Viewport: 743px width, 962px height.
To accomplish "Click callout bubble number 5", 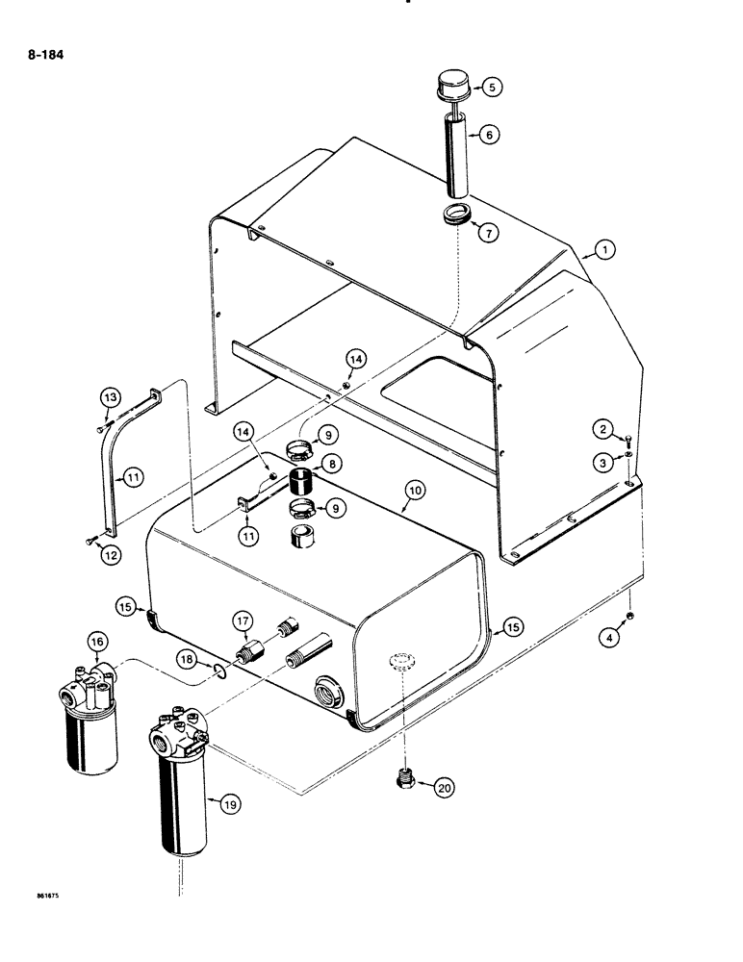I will [491, 88].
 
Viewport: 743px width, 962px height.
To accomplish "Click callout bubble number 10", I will [414, 491].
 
